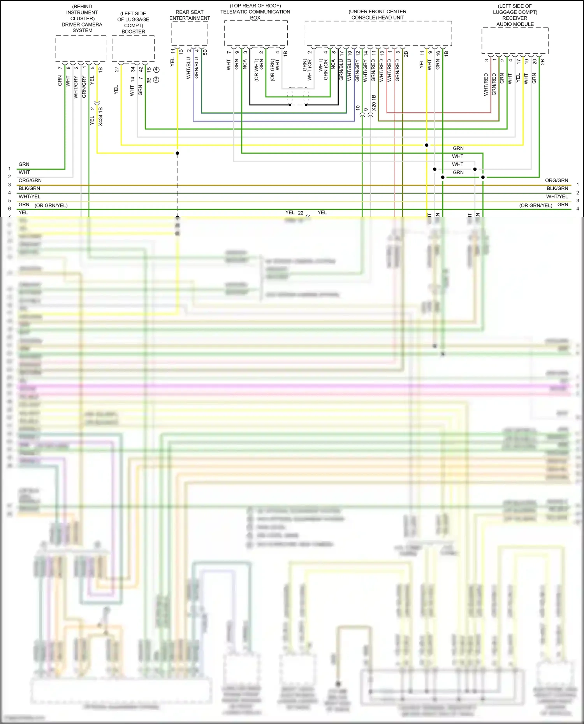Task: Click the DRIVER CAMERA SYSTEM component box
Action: click(81, 49)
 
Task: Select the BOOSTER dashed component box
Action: click(133, 49)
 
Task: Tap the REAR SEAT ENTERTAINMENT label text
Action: click(190, 15)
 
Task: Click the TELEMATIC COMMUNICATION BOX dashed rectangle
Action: click(256, 33)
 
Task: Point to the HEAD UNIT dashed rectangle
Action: click(378, 33)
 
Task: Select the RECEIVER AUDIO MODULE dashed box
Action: click(515, 40)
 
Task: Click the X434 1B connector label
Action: click(100, 117)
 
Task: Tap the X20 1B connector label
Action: click(374, 103)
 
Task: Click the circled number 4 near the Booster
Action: click(157, 70)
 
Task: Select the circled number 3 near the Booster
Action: click(157, 79)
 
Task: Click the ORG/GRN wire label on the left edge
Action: click(30, 181)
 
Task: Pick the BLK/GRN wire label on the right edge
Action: click(557, 188)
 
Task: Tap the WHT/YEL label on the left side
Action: click(30, 196)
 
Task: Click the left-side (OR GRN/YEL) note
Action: click(51, 205)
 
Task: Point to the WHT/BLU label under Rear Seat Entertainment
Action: click(188, 68)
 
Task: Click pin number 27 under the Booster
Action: click(116, 69)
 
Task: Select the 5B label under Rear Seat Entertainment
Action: click(205, 52)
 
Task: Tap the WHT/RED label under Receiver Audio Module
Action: click(486, 84)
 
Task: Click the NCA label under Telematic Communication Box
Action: click(245, 64)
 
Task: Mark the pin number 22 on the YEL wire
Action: click(301, 213)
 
